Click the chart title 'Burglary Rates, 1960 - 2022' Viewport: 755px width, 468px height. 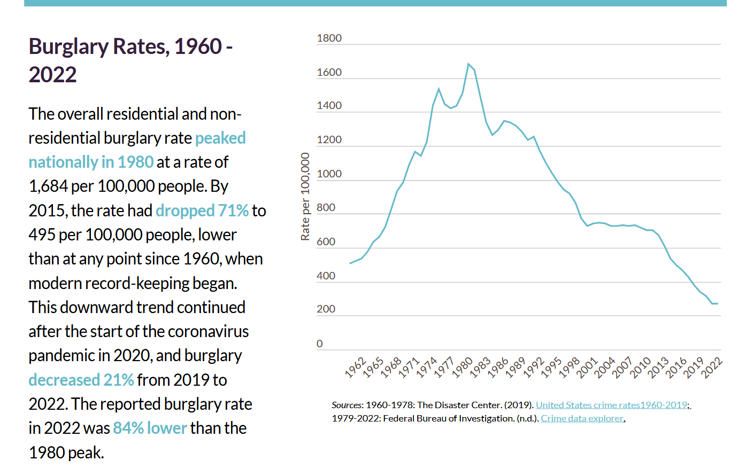pos(130,60)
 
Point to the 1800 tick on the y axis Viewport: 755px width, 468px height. pos(329,38)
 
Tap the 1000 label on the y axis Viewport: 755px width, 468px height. pos(329,174)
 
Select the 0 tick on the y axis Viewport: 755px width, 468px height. pos(320,344)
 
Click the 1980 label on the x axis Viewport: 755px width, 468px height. pos(463,368)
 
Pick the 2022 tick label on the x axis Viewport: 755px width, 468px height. pos(712,368)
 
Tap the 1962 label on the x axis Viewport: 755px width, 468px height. pos(356,368)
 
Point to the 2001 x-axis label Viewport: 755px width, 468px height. pos(587,368)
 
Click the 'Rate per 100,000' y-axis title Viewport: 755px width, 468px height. pos(305,197)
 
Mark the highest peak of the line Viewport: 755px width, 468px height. pos(468,64)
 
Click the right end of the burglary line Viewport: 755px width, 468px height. pos(717,303)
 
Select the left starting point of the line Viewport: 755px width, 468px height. pos(350,263)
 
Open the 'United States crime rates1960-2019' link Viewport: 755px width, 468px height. pos(612,405)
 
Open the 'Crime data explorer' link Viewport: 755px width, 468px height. pos(582,418)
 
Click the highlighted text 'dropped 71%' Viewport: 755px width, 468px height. pos(202,210)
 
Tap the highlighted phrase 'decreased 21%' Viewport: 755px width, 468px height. pos(81,380)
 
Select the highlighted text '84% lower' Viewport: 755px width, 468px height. pos(150,428)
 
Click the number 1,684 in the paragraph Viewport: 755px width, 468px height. pos(48,186)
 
